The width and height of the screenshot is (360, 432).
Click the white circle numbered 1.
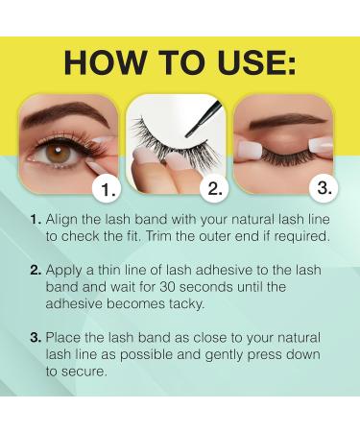tap(107, 189)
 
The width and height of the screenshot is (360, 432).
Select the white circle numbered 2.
tap(215, 189)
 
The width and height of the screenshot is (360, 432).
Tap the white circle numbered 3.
tap(324, 188)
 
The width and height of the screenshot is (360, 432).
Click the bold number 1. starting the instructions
tap(36, 220)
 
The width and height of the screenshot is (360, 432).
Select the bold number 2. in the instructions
tap(36, 271)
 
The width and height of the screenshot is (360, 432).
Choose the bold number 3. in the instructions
tap(36, 338)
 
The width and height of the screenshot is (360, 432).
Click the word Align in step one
tap(61, 221)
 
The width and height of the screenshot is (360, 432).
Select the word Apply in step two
tap(64, 272)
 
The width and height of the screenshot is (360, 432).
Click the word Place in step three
tap(63, 338)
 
